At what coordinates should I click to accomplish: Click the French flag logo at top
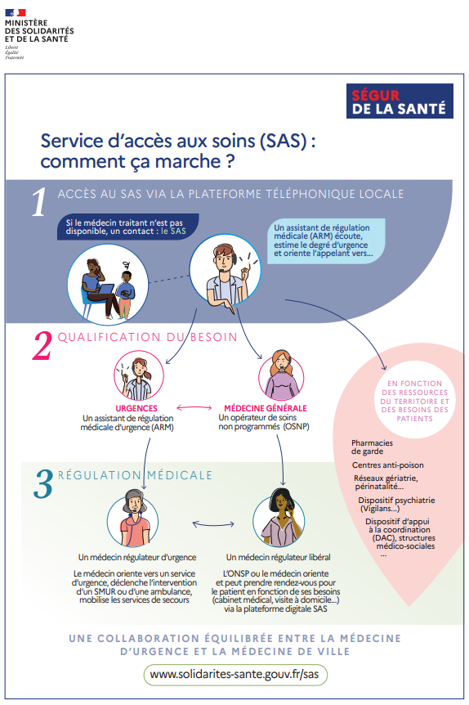(16, 12)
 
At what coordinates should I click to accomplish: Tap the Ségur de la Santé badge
(400, 101)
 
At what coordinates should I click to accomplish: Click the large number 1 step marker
(39, 201)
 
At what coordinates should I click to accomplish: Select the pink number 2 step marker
(42, 345)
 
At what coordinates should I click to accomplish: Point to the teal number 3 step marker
(43, 483)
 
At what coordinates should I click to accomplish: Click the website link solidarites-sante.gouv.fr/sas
(234, 675)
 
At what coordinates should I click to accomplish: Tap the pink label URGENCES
(136, 408)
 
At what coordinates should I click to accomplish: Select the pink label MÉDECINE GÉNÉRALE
(265, 408)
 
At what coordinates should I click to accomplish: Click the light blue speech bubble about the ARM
(328, 240)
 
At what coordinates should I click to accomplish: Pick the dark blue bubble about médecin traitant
(127, 227)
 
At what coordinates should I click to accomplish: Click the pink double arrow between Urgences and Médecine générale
(194, 408)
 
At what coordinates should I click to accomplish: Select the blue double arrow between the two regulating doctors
(213, 523)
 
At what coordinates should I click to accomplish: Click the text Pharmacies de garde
(372, 447)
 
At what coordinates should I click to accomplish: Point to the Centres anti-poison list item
(387, 465)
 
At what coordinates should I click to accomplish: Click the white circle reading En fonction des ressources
(414, 401)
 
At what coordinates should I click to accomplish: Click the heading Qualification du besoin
(147, 337)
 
